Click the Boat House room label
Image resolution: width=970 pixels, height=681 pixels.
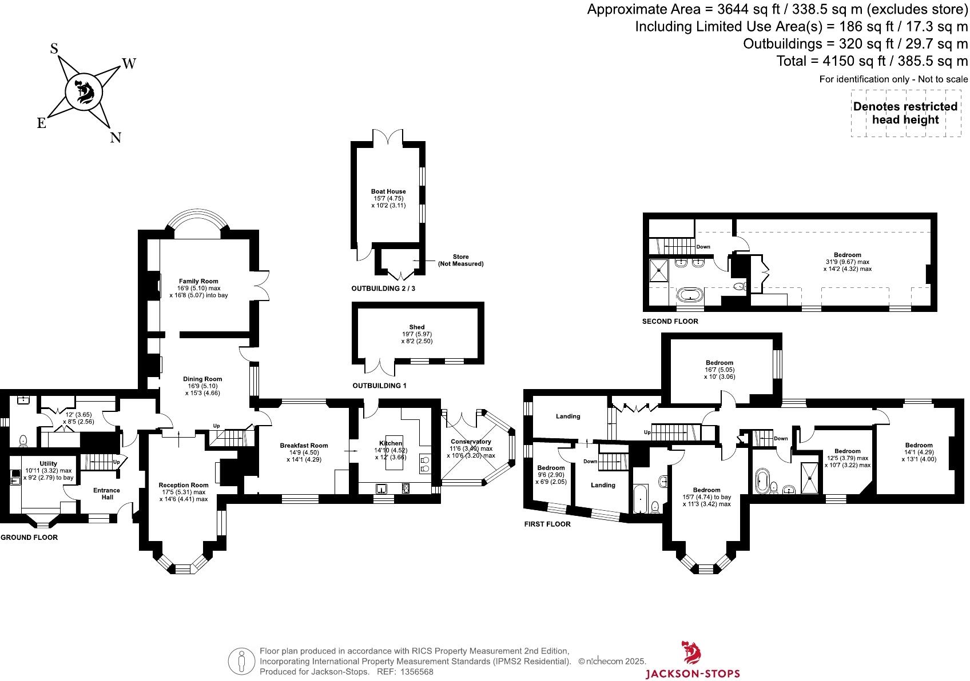[x=388, y=192]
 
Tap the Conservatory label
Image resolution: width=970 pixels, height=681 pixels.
[x=471, y=442]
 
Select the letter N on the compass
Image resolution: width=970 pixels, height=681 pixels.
[x=116, y=138]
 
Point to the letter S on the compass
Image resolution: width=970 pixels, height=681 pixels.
[x=54, y=49]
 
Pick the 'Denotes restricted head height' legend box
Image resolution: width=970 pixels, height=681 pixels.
[x=905, y=113]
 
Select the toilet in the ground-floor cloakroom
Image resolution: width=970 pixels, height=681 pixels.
[x=23, y=440]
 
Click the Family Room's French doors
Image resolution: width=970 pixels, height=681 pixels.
[x=262, y=285]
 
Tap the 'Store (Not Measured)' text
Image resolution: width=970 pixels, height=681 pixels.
[x=460, y=261]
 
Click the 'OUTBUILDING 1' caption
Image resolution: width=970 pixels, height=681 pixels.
[x=379, y=386]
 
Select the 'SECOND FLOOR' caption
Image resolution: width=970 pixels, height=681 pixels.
[x=670, y=322]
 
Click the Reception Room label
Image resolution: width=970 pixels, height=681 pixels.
[x=184, y=485]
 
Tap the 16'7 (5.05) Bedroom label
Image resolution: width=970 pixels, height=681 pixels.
[x=719, y=363]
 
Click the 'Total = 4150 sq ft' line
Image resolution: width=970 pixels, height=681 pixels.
[x=872, y=61]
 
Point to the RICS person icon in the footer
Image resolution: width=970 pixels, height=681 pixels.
[x=241, y=661]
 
